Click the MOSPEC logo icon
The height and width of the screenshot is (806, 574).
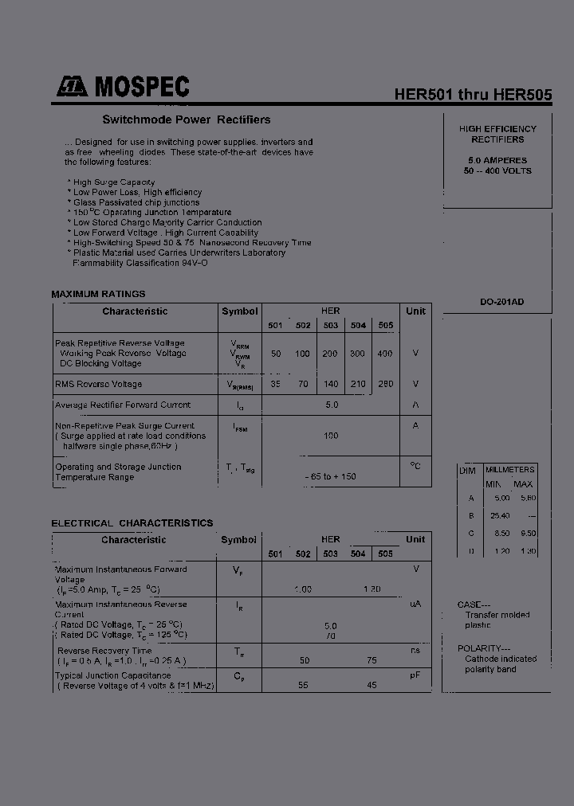pyautogui.click(x=72, y=87)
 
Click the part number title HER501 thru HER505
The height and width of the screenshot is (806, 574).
pyautogui.click(x=473, y=94)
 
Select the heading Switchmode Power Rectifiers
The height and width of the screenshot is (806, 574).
pyautogui.click(x=187, y=120)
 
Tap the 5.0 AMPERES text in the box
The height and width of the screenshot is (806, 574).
pyautogui.click(x=497, y=160)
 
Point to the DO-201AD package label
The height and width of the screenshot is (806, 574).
pyautogui.click(x=501, y=302)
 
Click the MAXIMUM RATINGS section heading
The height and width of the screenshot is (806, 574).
pyautogui.click(x=98, y=294)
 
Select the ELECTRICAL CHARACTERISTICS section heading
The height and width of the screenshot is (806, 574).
pyautogui.click(x=132, y=523)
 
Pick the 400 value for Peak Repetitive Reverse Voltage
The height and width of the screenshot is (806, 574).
pyautogui.click(x=385, y=353)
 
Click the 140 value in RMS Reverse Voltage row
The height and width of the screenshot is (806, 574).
pyautogui.click(x=331, y=384)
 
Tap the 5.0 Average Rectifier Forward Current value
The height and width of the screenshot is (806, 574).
pyautogui.click(x=332, y=405)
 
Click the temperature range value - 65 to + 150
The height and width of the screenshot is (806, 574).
pyautogui.click(x=330, y=476)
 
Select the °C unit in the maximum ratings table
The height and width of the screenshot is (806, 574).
pyautogui.click(x=415, y=465)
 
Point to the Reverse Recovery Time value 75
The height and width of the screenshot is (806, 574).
pyautogui.click(x=372, y=660)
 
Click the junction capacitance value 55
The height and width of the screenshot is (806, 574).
pyautogui.click(x=303, y=685)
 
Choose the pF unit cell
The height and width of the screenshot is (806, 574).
pyautogui.click(x=415, y=675)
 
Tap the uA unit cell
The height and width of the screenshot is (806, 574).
pyautogui.click(x=415, y=604)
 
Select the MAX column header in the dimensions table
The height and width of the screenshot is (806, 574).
pyautogui.click(x=523, y=484)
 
